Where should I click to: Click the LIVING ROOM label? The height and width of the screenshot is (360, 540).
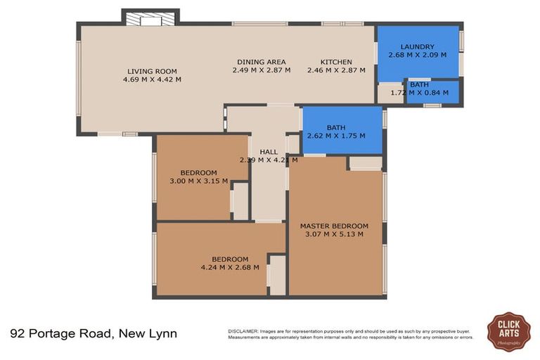[152, 71]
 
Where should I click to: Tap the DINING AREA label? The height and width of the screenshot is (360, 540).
[261, 62]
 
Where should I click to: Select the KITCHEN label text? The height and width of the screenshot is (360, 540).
[336, 62]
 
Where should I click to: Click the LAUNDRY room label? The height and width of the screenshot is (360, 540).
[417, 47]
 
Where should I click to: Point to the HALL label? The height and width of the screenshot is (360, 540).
[269, 151]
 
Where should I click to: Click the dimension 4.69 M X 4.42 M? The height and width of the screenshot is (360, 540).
[152, 79]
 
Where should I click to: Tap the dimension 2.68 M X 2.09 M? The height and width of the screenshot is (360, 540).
[417, 56]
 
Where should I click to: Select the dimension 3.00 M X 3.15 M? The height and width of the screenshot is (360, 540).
[199, 181]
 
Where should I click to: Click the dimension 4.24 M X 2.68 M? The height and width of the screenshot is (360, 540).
[230, 266]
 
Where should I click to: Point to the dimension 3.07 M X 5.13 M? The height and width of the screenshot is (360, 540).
[334, 234]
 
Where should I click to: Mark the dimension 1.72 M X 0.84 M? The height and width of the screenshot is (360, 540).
[419, 92]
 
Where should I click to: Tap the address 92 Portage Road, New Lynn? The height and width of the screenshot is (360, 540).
[94, 333]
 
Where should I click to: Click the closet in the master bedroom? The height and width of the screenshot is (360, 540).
[365, 163]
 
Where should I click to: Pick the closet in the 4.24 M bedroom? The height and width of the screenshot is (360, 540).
[277, 275]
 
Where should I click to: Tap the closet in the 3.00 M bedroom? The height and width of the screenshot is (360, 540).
[240, 201]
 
